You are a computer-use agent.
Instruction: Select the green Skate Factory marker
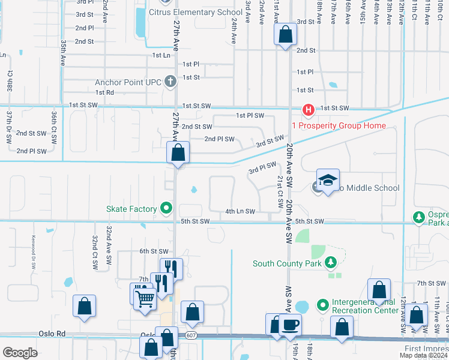coord(166,209)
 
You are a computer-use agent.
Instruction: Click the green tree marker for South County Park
coord(330,263)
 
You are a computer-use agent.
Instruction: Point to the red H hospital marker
coord(308,110)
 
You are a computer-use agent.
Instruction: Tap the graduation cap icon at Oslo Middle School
coord(328,181)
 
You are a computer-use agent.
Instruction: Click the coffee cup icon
coord(291,325)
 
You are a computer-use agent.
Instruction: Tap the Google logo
coord(20,353)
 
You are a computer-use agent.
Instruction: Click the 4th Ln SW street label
coord(240,211)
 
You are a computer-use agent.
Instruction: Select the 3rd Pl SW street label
coord(262,169)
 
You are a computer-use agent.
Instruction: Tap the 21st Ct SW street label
coord(280,191)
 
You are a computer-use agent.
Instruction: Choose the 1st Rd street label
coord(104,92)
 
